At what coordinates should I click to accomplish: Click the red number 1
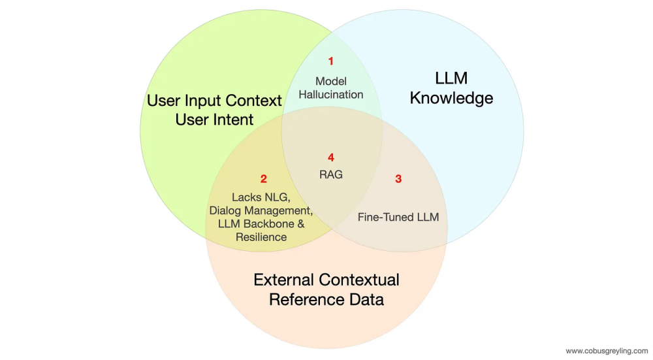tap(330, 61)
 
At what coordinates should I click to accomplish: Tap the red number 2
tap(264, 178)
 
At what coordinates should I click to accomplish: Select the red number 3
tap(398, 179)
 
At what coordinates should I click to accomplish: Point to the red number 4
tap(331, 157)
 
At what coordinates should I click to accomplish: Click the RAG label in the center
tap(331, 174)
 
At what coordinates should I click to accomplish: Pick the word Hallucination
tap(331, 94)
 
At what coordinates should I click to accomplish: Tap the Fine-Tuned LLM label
tap(398, 217)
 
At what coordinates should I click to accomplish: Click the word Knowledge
tap(451, 99)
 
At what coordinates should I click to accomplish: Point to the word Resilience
tap(261, 237)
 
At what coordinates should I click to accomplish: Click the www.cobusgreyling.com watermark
tap(607, 351)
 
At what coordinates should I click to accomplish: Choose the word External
tap(285, 280)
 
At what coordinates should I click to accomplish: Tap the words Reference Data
tap(326, 300)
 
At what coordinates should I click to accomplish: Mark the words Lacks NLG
tap(261, 197)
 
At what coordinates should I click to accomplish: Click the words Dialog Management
tap(261, 210)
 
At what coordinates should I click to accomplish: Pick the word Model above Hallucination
tap(331, 81)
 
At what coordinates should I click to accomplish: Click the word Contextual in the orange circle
tap(359, 280)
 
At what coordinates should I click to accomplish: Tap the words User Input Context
tap(215, 101)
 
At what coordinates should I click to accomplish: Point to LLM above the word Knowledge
tap(451, 78)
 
